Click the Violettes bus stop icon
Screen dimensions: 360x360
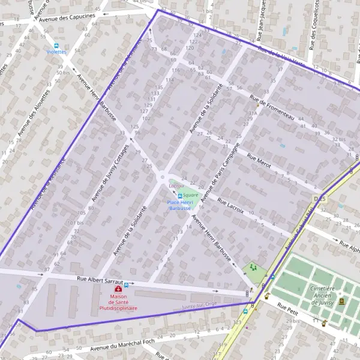coord(56,45)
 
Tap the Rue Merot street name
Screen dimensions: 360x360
coord(259,161)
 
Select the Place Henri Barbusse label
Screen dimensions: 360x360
coord(179,206)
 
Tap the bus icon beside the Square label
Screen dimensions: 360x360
coord(179,196)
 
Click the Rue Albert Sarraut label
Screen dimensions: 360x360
coord(100,280)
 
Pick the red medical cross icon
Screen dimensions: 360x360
coord(118,289)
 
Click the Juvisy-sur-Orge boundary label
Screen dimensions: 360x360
coord(199,305)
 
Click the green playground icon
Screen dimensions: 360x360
coord(253,267)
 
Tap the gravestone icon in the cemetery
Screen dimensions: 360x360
coord(341,301)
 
